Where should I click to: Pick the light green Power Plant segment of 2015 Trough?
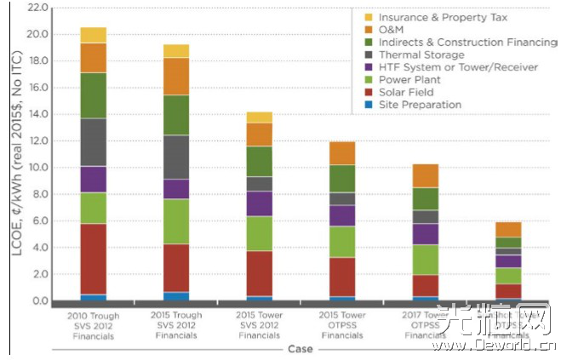[x=176, y=221]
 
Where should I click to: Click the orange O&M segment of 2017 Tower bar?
[x=426, y=175]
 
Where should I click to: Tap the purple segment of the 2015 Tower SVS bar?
[x=259, y=203]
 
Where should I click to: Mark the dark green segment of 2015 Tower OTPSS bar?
[x=342, y=178]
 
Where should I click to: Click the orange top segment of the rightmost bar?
[x=509, y=229]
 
